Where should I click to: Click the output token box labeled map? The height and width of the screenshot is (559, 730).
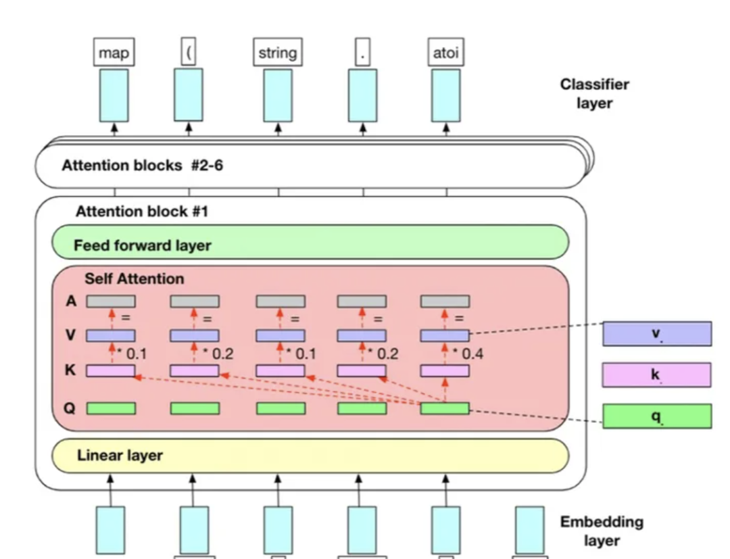114,53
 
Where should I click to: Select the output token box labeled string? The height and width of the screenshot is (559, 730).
277,53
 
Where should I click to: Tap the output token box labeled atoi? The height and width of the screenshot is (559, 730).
446,53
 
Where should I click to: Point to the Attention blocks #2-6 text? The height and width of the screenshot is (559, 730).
142,165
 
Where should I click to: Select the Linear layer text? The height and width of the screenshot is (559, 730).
120,456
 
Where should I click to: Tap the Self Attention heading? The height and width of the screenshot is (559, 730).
134,278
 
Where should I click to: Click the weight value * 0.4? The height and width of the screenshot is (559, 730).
468,353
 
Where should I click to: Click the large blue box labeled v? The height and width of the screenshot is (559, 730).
656,334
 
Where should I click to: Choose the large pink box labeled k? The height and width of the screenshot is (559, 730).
656,374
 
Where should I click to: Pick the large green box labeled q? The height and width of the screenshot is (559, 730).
656,416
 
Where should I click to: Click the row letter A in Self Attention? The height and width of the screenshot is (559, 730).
71,301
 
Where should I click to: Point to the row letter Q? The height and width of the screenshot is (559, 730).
70,408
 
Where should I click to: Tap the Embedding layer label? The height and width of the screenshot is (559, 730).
602,531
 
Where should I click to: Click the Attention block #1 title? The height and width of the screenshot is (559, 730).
141,212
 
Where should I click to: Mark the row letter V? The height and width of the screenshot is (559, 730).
70,335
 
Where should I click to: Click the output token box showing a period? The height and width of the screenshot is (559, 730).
362,53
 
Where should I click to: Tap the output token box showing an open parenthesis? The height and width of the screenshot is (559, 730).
189,53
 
